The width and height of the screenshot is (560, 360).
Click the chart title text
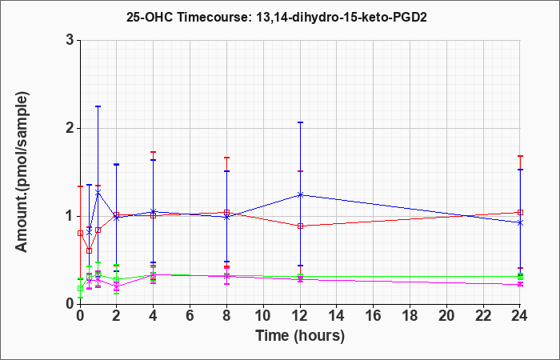pos(277,17)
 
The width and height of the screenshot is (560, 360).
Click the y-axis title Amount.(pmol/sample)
pos(22,172)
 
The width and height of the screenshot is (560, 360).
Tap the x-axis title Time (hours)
pos(300,336)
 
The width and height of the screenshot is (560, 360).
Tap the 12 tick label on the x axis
pos(300,315)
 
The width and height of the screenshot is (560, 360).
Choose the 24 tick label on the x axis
pos(520,315)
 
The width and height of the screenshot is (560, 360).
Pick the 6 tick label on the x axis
pos(190,315)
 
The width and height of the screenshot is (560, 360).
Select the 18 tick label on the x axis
pos(410,315)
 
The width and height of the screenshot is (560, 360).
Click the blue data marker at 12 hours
pos(300,194)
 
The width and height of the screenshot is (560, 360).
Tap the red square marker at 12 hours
pos(300,226)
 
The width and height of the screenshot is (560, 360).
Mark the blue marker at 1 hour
pos(98,192)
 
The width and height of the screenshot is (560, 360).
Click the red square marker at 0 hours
pos(80,234)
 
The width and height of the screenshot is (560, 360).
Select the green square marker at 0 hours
pos(80,288)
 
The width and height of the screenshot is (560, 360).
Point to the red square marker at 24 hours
pos(520,212)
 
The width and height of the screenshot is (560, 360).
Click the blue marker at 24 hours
pos(520,223)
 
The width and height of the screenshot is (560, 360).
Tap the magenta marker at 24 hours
pos(520,285)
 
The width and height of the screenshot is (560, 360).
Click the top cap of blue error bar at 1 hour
pos(98,106)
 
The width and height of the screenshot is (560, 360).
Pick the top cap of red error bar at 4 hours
pos(154,152)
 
